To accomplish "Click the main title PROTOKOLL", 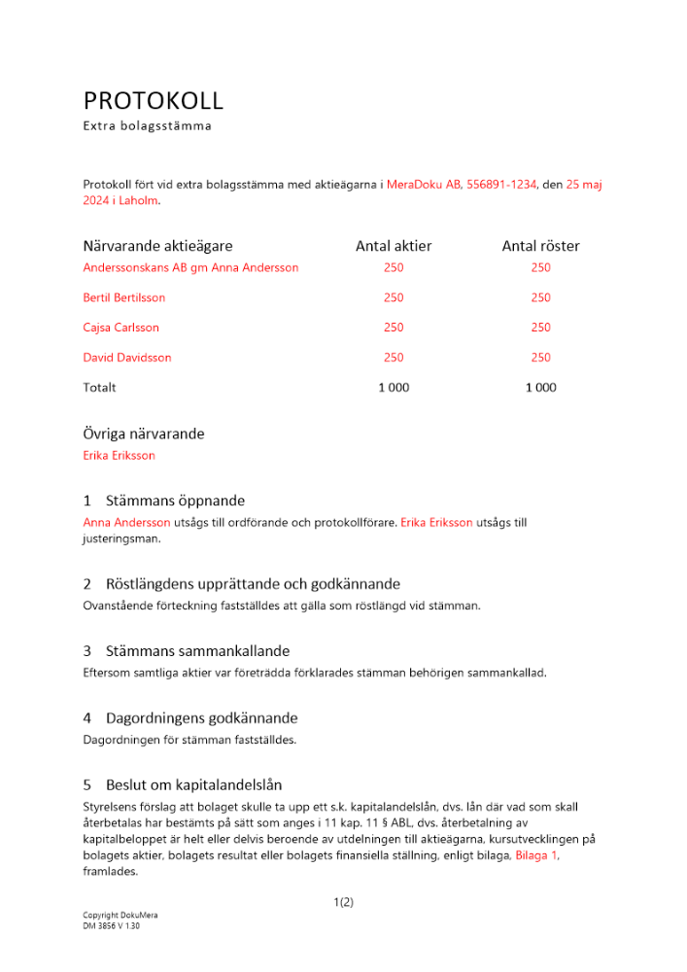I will pyautogui.click(x=154, y=101).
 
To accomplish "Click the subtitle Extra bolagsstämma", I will pyautogui.click(x=147, y=126).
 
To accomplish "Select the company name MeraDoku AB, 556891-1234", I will pyautogui.click(x=462, y=184).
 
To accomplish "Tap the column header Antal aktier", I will pyautogui.click(x=394, y=247).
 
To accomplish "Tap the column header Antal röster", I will pyautogui.click(x=540, y=247).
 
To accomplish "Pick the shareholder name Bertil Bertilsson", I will pyautogui.click(x=124, y=297).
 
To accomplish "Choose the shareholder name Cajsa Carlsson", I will pyautogui.click(x=121, y=328).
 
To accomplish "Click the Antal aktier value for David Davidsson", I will pyautogui.click(x=394, y=358).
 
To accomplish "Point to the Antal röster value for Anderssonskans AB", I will pyautogui.click(x=540, y=267).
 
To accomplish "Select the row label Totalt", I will pyautogui.click(x=100, y=388).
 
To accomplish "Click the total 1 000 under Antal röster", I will pyautogui.click(x=540, y=388).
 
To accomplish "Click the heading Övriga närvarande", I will pyautogui.click(x=144, y=434).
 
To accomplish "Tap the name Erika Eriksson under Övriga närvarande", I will pyautogui.click(x=120, y=455).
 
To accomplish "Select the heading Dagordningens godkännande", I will pyautogui.click(x=201, y=718).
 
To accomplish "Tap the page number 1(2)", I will pyautogui.click(x=343, y=902).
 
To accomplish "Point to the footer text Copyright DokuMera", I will pyautogui.click(x=120, y=916).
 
